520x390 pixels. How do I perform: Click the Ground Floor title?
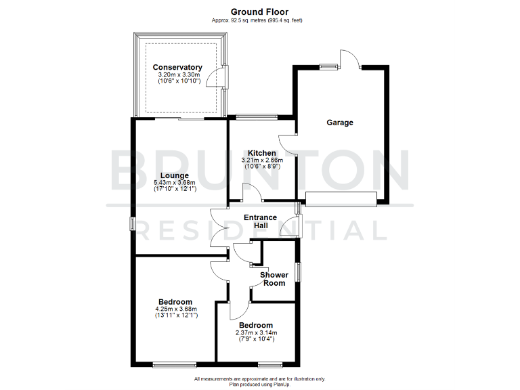coord(259,12)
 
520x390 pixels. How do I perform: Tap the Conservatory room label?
coord(177,67)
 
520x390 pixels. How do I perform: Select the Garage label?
coord(340,123)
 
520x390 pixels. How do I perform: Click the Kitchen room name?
coord(261,153)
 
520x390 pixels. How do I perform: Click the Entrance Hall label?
coord(260,221)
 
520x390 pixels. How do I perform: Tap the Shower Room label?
coord(274,279)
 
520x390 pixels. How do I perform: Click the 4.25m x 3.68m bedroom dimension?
coord(175,309)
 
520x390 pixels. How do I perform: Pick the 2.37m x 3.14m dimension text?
coord(256,332)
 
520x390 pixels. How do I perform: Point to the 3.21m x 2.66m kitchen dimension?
coord(261,160)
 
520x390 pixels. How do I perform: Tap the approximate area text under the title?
coord(259,20)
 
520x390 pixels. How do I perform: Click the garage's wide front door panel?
coord(341,198)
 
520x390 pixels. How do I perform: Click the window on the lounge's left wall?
coord(133,224)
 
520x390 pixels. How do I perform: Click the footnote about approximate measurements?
coord(259,378)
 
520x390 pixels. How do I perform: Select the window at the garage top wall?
coord(328,66)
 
